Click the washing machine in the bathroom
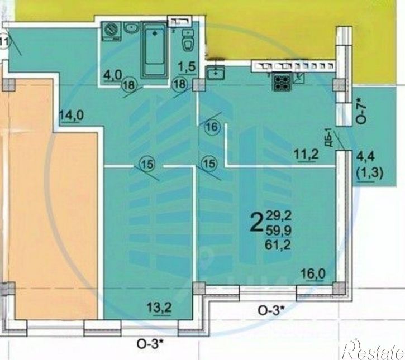[x=113, y=31]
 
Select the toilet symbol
[x=190, y=44]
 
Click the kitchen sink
[x=214, y=73]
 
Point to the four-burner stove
[x=281, y=82]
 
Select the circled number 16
[x=212, y=127]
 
